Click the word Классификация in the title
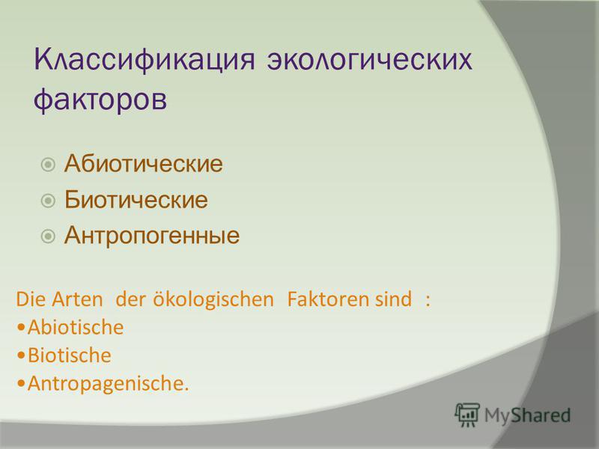point(145,61)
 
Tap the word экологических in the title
point(369,60)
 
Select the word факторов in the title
point(100,100)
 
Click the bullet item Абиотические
point(143,164)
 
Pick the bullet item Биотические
point(136,199)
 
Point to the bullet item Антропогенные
point(152,235)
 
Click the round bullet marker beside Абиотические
point(48,165)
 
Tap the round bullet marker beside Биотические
point(48,201)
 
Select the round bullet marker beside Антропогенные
point(48,236)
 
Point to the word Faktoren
point(327,299)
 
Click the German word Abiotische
point(76,328)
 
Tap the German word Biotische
point(70,355)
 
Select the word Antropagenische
point(108,383)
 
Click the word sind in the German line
point(393,299)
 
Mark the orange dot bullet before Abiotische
point(22,328)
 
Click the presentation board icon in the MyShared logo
point(466,415)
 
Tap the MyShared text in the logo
point(527,415)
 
